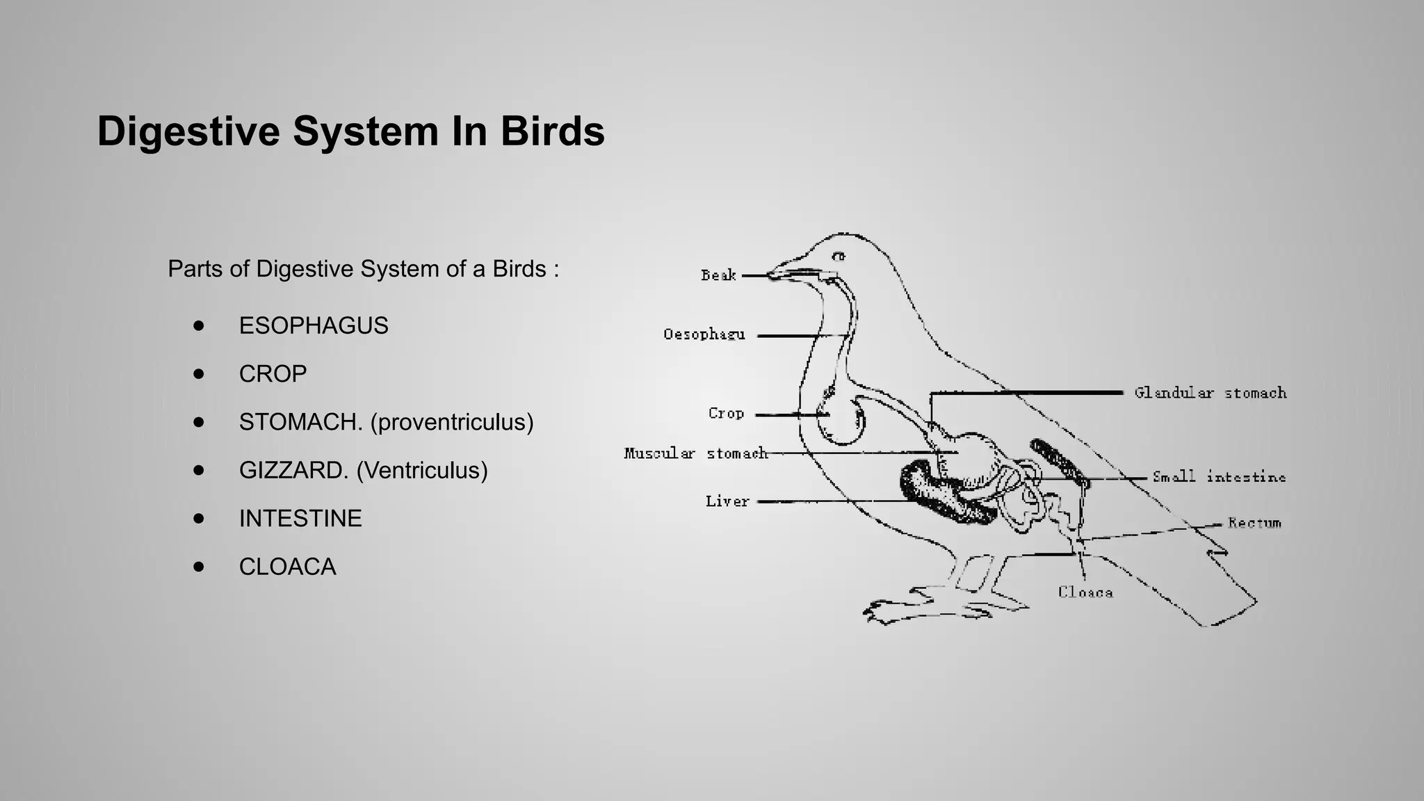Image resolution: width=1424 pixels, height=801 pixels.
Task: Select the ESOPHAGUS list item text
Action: [x=314, y=325]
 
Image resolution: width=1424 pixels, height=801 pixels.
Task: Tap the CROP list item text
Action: [x=273, y=374]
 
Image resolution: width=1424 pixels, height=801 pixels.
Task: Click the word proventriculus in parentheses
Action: [x=452, y=422]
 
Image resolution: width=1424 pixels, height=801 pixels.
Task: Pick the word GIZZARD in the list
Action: [x=293, y=471]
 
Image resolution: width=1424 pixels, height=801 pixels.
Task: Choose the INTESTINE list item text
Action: [x=300, y=519]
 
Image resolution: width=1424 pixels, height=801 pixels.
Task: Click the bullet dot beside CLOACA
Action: [x=200, y=567]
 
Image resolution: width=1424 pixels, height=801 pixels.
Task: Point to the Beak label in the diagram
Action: [x=718, y=275]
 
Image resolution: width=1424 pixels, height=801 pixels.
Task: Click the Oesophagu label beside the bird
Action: [x=704, y=334]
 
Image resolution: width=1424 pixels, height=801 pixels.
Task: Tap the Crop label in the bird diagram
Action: [x=726, y=413]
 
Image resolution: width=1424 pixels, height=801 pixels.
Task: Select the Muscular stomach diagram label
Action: [x=695, y=453]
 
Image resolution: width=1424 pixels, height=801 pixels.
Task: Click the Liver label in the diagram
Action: [x=727, y=501]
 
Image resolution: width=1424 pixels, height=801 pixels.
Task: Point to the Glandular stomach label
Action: [x=1211, y=393]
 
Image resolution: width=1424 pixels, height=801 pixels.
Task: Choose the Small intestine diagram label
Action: [x=1219, y=477]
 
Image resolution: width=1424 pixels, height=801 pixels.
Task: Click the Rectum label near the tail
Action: [x=1254, y=523]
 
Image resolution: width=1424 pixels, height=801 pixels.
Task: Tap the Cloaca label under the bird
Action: [x=1085, y=592]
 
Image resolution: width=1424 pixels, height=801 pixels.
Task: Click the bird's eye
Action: [x=839, y=257]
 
